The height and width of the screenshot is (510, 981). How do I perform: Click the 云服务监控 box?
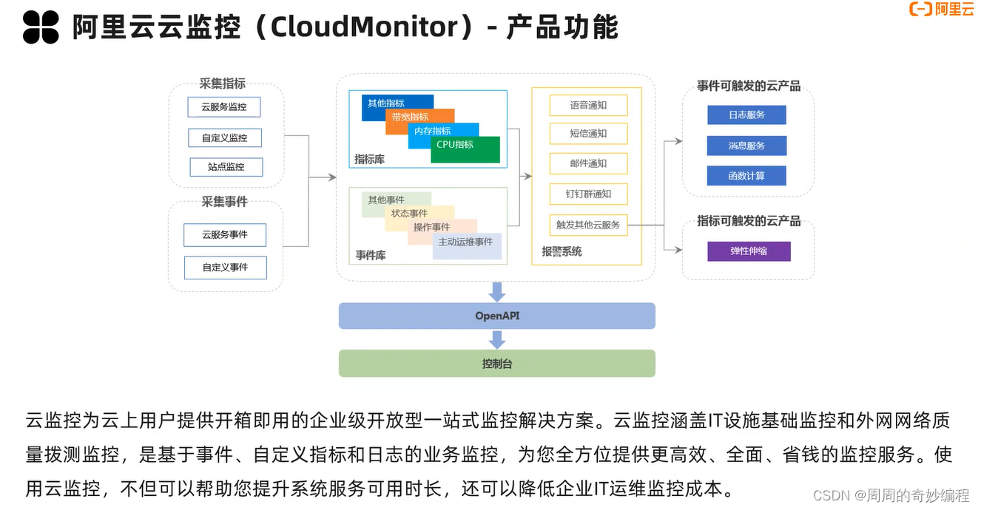224,107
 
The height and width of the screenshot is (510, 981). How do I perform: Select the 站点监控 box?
226,167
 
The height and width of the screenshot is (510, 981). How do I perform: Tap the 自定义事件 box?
226,268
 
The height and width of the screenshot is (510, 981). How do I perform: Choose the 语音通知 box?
588,106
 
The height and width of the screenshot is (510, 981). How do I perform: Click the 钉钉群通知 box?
588,194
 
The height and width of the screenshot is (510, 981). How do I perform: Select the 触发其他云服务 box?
588,225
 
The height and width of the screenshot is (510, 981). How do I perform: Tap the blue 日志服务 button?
746,115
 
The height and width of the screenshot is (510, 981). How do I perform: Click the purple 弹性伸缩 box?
749,251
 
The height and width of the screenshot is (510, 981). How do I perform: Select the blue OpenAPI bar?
497,316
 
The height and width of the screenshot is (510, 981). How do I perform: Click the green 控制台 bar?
497,364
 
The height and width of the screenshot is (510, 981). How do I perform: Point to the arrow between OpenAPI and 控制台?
497,339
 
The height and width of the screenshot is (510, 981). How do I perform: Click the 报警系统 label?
562,252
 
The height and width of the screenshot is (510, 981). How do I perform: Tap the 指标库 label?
369,160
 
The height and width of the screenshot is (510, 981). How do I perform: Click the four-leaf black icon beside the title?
41,27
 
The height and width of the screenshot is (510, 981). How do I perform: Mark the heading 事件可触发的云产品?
749,86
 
